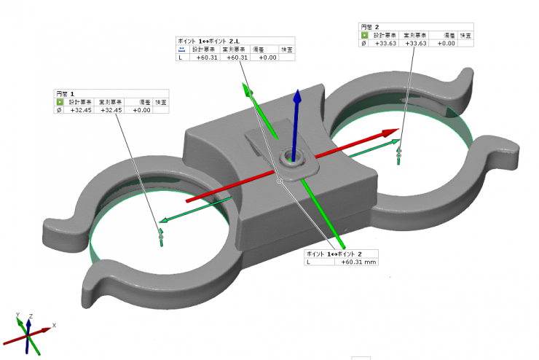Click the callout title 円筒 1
click(x=65, y=94)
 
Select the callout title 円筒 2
click(x=369, y=26)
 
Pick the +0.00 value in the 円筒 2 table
click(x=446, y=43)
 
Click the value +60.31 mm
click(x=358, y=262)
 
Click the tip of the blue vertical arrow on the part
click(x=296, y=94)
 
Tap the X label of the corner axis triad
click(x=55, y=325)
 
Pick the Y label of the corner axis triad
click(x=17, y=316)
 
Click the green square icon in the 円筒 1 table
click(x=60, y=102)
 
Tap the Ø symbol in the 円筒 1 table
click(x=60, y=110)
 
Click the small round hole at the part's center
click(x=294, y=157)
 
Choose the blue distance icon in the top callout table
click(x=182, y=50)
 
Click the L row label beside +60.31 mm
click(x=309, y=262)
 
